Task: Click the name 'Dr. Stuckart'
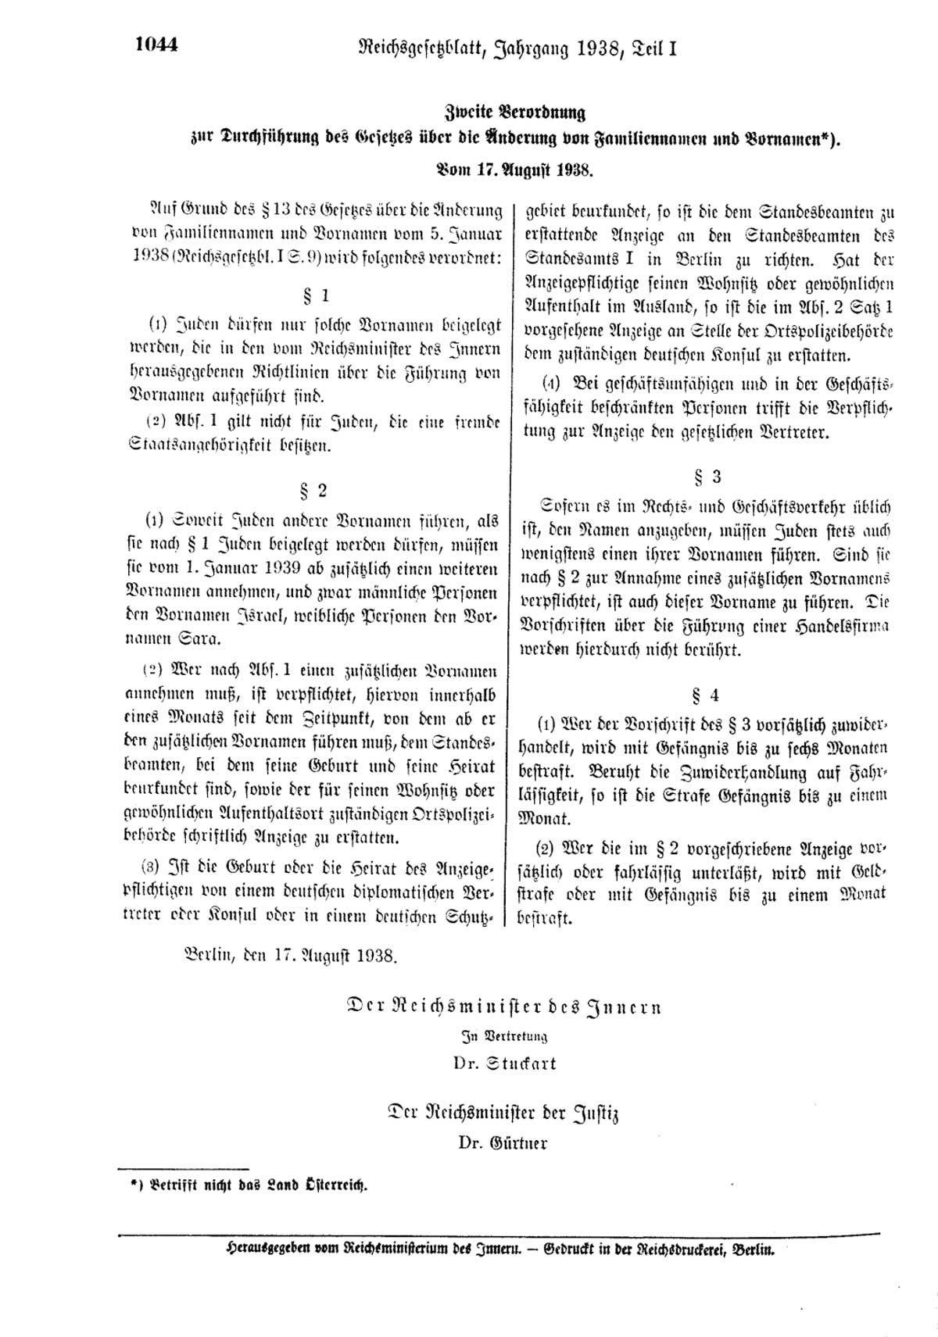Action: pos(505,1063)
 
